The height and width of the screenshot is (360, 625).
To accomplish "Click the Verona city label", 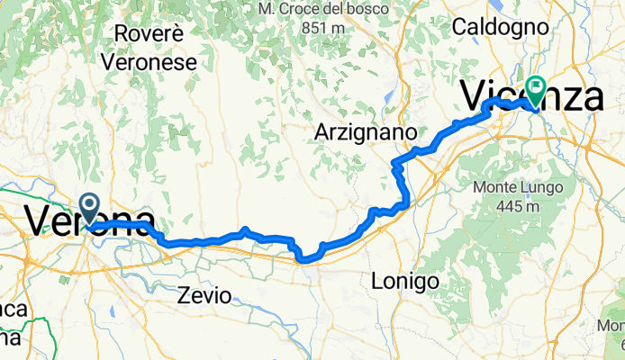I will [88, 221].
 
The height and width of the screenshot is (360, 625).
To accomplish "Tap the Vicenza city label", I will [531, 96].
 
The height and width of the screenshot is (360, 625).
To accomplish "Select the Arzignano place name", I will [366, 132].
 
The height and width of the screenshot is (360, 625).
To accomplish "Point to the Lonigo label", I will [405, 282].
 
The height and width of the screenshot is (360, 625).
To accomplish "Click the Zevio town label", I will [204, 294].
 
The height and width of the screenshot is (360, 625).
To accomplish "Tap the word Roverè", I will [149, 36].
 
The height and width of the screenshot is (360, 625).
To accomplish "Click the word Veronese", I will [149, 62].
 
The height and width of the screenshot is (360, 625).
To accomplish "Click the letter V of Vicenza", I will [476, 96].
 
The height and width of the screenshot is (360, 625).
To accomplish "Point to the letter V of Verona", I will [41, 221].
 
